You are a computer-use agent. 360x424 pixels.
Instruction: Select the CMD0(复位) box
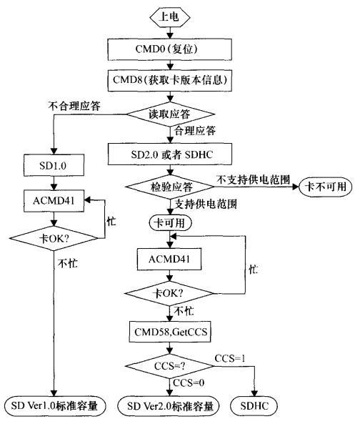click(169, 51)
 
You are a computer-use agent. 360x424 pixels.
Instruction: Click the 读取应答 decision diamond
click(169, 115)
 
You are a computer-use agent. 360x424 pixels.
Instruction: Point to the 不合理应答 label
click(73, 104)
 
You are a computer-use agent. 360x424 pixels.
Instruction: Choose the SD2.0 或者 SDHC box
click(169, 153)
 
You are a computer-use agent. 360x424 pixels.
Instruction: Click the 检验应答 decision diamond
click(169, 187)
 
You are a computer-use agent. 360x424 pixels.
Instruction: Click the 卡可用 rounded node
click(169, 222)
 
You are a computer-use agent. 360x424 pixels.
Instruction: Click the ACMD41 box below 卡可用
click(169, 256)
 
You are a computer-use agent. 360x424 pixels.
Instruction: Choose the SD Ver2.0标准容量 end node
click(169, 407)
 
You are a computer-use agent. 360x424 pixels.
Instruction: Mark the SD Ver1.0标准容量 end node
click(54, 407)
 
